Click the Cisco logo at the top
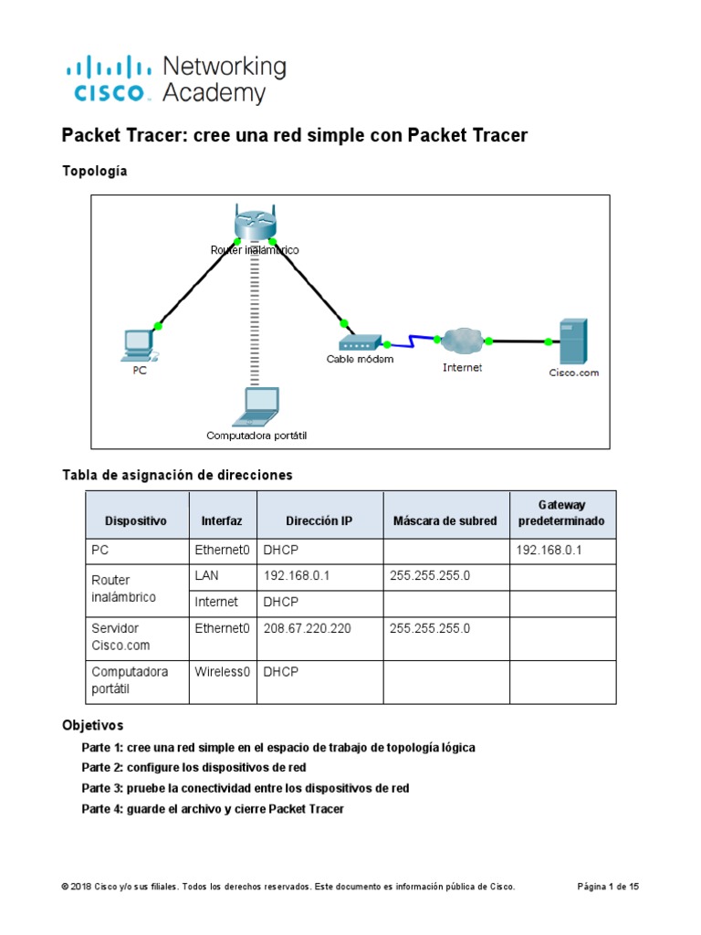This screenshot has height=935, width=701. pos(109,79)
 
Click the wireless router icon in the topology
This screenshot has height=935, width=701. pos(252,224)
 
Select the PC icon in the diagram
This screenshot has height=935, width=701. pos(140,344)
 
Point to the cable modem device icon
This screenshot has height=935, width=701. pos(360,342)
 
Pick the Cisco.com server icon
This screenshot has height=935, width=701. pos(573,341)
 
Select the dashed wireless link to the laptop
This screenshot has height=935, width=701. pos(254,320)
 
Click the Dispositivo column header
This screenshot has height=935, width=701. pos(136,521)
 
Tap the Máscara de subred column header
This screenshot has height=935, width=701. pos(445,521)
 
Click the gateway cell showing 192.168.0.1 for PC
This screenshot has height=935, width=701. pos(549,551)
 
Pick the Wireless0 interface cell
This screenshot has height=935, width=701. pos(223,671)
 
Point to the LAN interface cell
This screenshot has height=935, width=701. pos(207,576)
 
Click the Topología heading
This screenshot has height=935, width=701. pos(94,171)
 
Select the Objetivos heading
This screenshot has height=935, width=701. pos(92,726)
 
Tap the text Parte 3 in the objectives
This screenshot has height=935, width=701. pos(101,788)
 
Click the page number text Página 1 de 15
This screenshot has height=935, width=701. pos(609,887)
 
